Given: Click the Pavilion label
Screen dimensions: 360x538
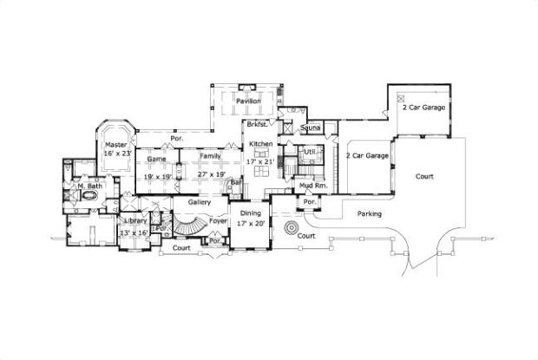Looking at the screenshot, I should (248, 101).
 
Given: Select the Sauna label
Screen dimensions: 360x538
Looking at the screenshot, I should (310, 128).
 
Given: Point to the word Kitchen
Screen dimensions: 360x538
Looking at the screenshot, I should (262, 144).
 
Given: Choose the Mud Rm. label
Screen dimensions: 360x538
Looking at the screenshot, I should (313, 187).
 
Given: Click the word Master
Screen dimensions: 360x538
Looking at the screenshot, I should (116, 144).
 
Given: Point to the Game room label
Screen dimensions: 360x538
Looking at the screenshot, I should (156, 160).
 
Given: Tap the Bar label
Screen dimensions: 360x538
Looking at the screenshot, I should (235, 183).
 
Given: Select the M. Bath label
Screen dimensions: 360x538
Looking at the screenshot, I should (89, 186).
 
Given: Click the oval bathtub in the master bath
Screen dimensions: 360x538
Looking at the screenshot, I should (89, 197).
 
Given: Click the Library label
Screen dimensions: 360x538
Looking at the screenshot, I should (134, 220).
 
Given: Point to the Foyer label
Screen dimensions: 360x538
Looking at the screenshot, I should (217, 220).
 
